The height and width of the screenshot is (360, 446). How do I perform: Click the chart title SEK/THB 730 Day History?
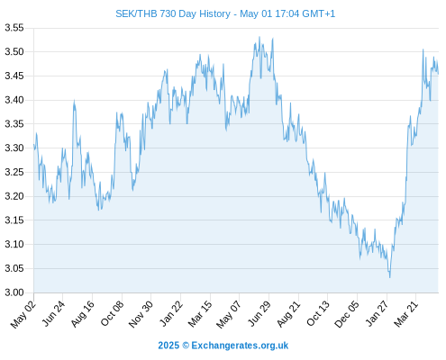pos(173,13)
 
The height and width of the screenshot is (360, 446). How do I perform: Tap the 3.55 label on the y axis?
pos(14,28)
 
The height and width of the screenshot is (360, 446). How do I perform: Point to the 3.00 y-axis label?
pos(14,292)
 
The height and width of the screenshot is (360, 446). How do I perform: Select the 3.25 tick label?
pos(14,172)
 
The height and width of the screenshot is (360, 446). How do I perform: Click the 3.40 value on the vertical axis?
pos(14,100)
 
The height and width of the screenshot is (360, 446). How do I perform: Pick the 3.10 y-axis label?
pos(14,244)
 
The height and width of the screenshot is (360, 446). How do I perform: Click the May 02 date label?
pos(23,314)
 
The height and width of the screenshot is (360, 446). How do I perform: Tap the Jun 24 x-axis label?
pos(53,314)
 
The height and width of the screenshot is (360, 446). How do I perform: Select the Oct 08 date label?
pos(113,314)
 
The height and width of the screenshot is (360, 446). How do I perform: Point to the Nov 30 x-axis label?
pos(141,314)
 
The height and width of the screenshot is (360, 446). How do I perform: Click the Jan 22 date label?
pos(171,314)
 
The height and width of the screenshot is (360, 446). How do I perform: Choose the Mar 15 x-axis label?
pos(200,314)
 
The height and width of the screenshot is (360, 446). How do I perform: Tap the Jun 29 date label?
pos(259,314)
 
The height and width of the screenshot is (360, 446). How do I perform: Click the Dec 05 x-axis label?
pos(347,314)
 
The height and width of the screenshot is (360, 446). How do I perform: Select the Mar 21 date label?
pos(406,314)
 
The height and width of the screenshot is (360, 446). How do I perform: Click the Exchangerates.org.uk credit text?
pos(240,346)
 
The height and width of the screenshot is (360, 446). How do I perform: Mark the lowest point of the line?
pos(390,277)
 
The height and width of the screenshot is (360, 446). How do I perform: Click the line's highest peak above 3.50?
pos(259,37)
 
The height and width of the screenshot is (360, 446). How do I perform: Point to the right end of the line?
pos(438,74)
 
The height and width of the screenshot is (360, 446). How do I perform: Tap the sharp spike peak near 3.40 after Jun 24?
pos(74,101)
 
